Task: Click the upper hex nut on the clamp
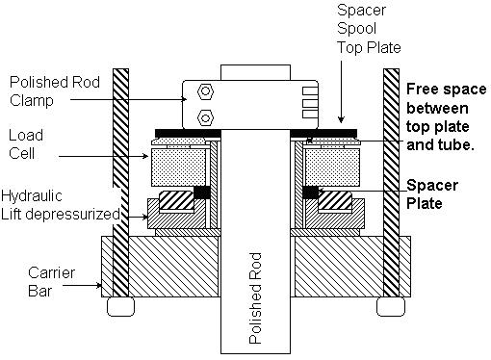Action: click(x=206, y=91)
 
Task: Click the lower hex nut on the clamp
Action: click(x=206, y=117)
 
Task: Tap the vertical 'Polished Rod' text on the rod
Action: click(x=255, y=298)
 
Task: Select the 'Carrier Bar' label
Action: click(x=51, y=282)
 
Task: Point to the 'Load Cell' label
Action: click(x=26, y=144)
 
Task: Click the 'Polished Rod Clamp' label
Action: click(x=55, y=91)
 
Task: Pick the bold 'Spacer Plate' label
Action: click(x=432, y=194)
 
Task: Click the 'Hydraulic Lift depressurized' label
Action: click(x=61, y=205)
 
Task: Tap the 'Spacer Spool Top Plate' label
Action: click(x=369, y=29)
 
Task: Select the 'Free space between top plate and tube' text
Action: click(x=446, y=116)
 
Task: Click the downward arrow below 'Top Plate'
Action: click(x=341, y=92)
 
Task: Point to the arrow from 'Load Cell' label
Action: click(x=104, y=156)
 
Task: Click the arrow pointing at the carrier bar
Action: click(x=82, y=285)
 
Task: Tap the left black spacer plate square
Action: click(x=202, y=193)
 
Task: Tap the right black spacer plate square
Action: click(x=310, y=193)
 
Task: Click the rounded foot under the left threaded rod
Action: click(x=120, y=306)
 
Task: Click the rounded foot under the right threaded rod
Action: click(x=391, y=306)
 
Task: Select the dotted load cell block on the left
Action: click(x=178, y=167)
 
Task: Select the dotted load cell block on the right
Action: click(x=332, y=167)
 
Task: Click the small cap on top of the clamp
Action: click(x=255, y=72)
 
